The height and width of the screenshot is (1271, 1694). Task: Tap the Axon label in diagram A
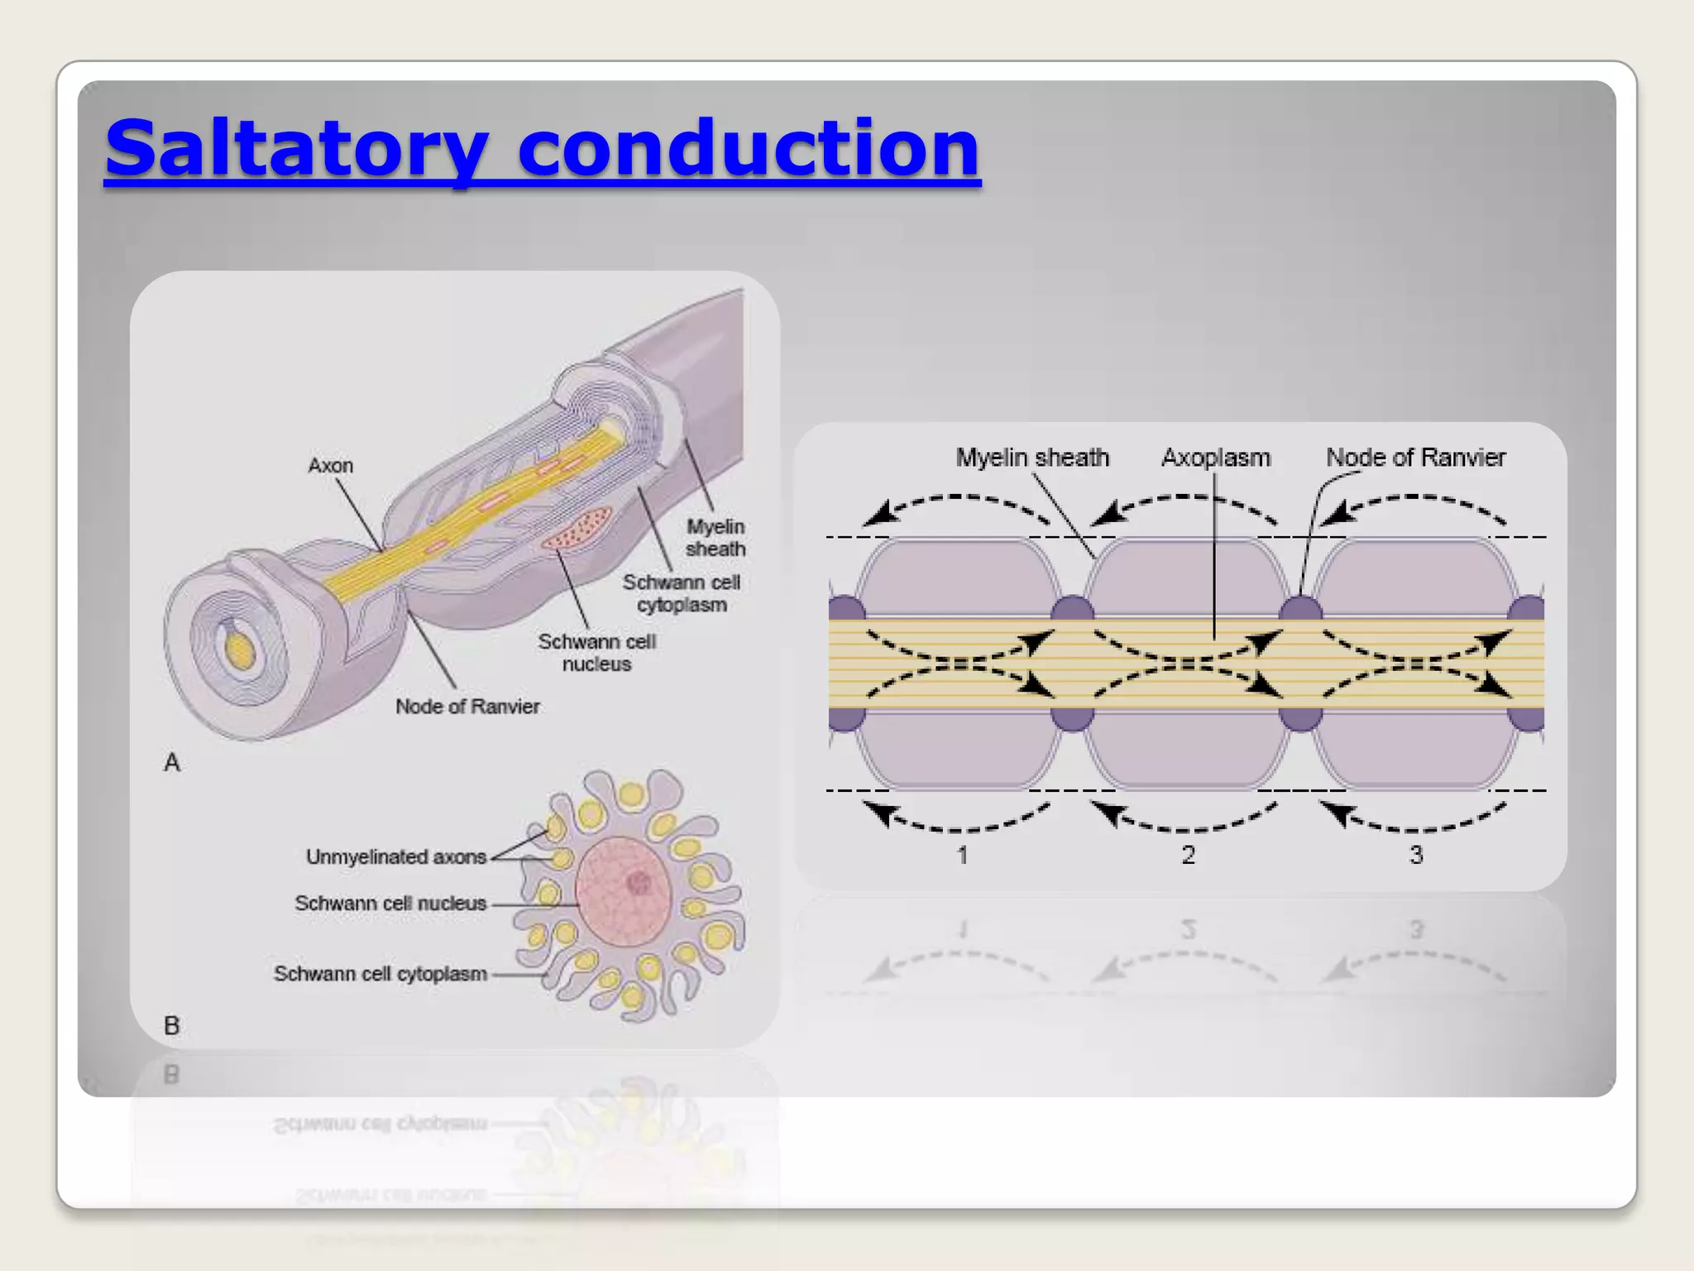pos(330,466)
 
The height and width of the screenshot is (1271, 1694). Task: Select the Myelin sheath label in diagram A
pos(715,538)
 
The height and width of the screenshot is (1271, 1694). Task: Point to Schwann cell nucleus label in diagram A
pos(596,653)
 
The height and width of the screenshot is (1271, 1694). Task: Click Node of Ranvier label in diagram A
pos(467,707)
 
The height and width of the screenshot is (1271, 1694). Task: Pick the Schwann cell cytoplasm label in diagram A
pos(682,593)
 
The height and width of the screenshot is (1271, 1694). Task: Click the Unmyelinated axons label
pos(396,857)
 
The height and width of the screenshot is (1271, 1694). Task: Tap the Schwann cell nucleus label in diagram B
pos(390,904)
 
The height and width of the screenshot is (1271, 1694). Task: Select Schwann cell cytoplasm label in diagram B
pos(380,974)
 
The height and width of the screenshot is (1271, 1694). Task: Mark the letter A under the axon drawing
pos(172,762)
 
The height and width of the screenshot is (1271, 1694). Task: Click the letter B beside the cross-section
pos(172,1026)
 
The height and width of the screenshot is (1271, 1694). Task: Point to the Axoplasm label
pos(1216,458)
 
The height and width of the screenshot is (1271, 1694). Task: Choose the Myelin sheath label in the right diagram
pos(1032,458)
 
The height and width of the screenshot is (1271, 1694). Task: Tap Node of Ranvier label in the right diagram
pos(1415,458)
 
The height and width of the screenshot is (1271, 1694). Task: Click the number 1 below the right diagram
pos(962,856)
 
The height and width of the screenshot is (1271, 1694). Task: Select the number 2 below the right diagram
pos(1189,856)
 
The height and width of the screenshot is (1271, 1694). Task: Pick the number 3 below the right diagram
pos(1416,856)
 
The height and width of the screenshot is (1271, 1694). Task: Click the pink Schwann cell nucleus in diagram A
pos(577,527)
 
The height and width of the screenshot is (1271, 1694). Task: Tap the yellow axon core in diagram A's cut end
pos(240,650)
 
